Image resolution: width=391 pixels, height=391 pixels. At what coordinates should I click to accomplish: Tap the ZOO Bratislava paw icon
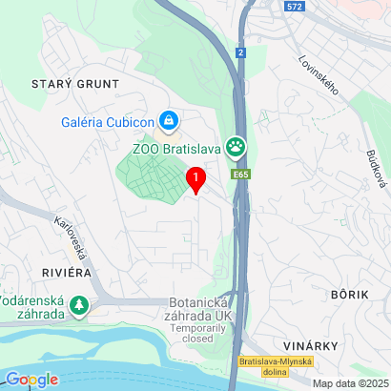click(x=235, y=148)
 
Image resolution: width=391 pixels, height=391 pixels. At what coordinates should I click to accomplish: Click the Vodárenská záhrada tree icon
click(x=80, y=306)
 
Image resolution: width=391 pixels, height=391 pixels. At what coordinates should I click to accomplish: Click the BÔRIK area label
click(x=348, y=296)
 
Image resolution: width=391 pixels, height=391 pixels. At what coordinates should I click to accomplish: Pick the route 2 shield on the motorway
click(x=242, y=52)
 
